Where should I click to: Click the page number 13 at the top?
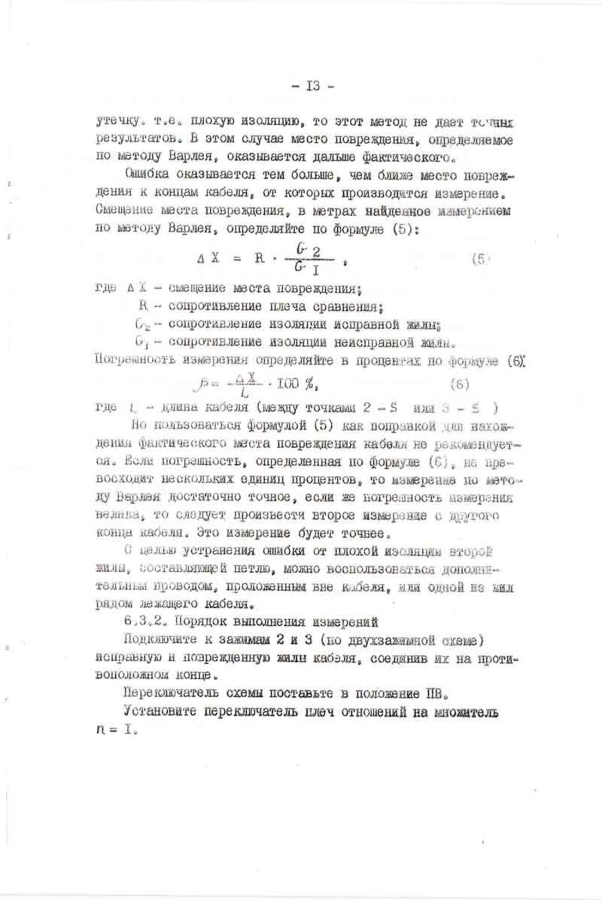312,86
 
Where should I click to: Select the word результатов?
128,140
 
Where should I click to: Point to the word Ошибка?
144,176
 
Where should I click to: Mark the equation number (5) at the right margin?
481,258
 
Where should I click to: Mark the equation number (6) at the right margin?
460,384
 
